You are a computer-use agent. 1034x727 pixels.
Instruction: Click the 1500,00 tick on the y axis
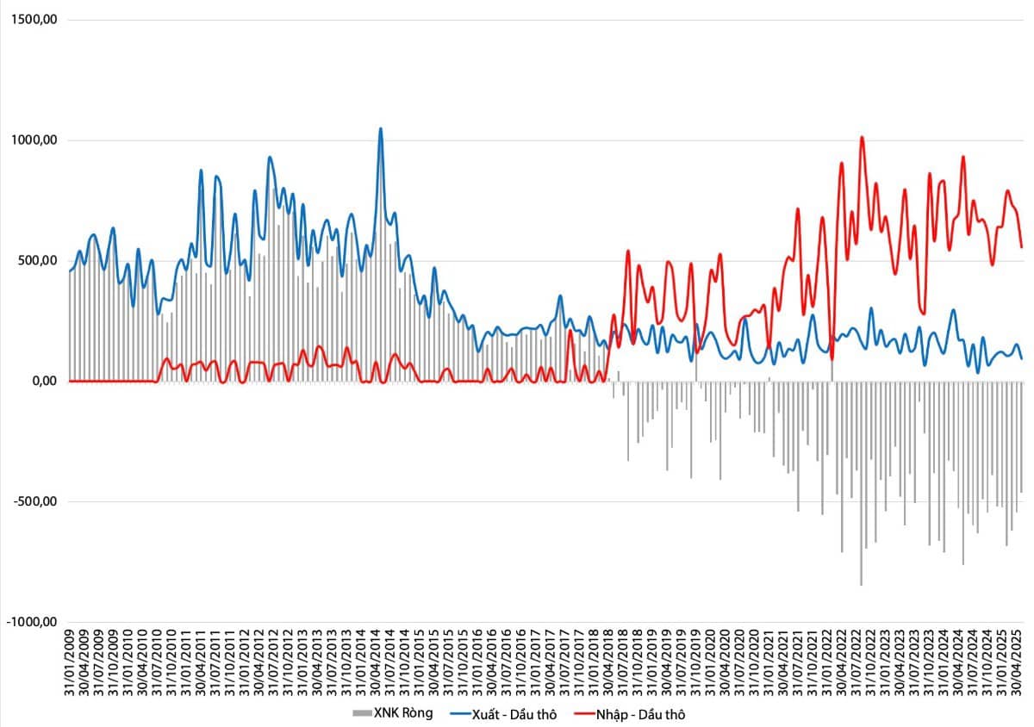34,20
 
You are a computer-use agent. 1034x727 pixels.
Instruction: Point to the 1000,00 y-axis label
34,140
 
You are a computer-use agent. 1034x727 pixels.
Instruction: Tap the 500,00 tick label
38,260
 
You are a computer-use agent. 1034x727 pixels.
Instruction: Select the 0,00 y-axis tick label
45,381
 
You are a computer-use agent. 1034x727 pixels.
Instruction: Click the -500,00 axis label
35,501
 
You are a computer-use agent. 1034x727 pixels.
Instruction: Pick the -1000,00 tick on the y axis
32,622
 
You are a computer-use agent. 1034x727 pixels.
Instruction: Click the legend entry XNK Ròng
393,713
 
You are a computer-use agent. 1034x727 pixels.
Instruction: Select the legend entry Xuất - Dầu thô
503,715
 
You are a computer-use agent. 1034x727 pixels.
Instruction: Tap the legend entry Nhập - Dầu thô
630,715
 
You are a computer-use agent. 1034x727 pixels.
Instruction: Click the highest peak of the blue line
380,129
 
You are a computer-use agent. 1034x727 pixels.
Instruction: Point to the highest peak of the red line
862,137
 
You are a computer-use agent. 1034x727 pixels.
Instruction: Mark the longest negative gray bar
862,483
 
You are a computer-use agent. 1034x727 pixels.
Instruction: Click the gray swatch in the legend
362,713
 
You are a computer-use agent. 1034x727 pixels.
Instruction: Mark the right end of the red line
1022,247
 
